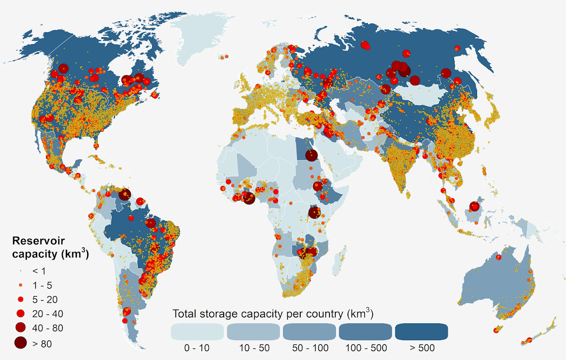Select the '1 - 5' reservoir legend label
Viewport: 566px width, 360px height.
[42, 285]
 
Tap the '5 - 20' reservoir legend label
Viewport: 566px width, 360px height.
[45, 299]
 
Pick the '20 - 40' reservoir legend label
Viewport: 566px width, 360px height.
[48, 314]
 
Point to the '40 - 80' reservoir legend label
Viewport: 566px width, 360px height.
[48, 328]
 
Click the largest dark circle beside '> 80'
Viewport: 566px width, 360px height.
[20, 343]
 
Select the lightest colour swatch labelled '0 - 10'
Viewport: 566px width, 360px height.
[197, 332]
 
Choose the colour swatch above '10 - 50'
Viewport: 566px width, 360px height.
[253, 332]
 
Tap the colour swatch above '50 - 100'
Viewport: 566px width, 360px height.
[310, 332]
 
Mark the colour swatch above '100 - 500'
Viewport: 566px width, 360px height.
[366, 332]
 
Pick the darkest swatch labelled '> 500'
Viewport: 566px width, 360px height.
[422, 332]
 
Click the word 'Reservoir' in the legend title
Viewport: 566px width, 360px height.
[38, 241]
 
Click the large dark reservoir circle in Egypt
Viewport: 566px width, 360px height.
[311, 155]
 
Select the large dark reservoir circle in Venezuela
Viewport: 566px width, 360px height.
[125, 194]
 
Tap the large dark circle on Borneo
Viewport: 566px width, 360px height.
[474, 207]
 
